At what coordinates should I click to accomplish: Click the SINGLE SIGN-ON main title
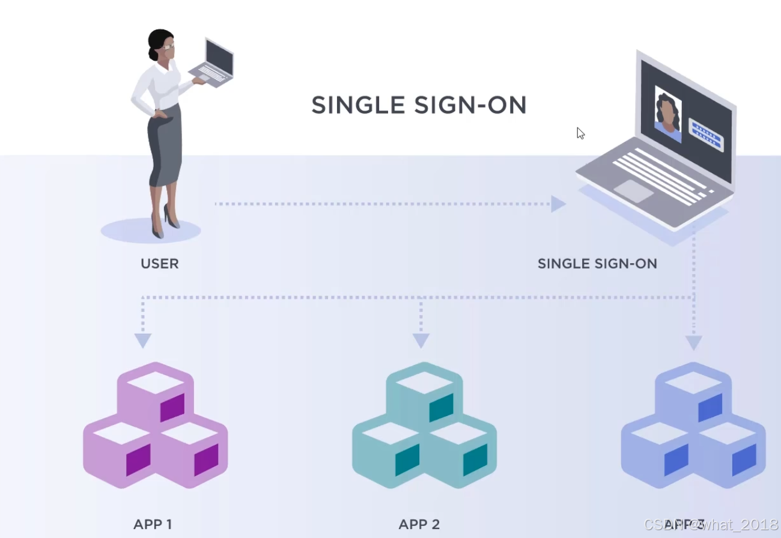(x=419, y=105)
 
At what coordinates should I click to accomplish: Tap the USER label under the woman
(x=159, y=263)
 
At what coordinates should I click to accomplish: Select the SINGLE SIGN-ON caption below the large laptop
(x=597, y=263)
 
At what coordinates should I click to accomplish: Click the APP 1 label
(x=153, y=524)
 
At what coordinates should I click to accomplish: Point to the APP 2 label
(x=419, y=524)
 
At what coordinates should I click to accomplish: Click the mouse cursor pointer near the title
(x=580, y=133)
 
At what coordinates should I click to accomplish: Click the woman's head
(x=161, y=44)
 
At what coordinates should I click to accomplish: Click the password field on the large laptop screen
(x=706, y=134)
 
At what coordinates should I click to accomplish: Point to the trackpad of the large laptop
(x=633, y=191)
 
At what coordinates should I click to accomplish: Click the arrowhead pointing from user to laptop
(x=558, y=204)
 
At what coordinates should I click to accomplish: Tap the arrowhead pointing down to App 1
(x=142, y=341)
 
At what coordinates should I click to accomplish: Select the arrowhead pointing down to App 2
(x=421, y=341)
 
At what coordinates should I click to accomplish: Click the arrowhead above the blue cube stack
(x=694, y=343)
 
